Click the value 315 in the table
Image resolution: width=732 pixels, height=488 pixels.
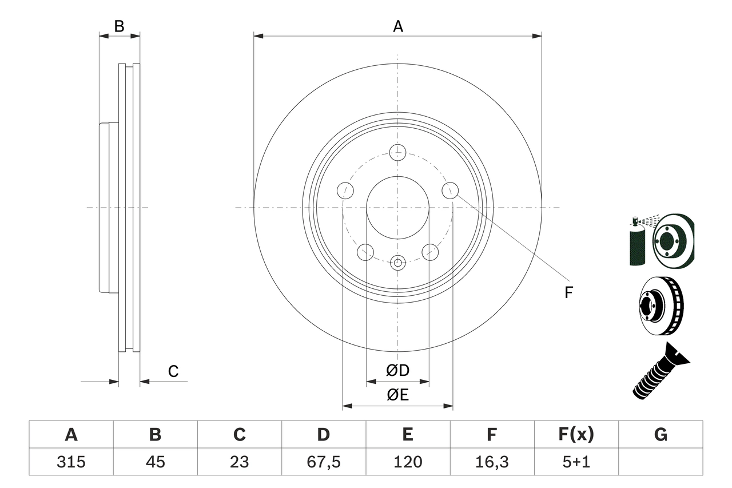tap(71, 462)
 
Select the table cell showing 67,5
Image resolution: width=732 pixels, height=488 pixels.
tap(324, 462)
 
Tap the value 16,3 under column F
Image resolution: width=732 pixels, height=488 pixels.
tap(492, 462)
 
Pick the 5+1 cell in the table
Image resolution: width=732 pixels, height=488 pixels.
tap(576, 462)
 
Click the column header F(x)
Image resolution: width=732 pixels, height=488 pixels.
tap(576, 435)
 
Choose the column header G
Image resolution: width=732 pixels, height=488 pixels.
tap(661, 435)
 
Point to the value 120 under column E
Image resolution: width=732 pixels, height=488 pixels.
tap(408, 462)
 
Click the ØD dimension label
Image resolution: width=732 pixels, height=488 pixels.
tap(397, 371)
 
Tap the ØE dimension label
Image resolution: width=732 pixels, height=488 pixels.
tap(397, 395)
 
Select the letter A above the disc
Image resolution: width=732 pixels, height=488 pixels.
tap(397, 26)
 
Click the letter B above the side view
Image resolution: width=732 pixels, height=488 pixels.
tap(119, 26)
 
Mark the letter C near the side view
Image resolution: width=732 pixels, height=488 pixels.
tap(173, 371)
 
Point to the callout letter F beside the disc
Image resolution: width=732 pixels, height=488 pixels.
tap(568, 293)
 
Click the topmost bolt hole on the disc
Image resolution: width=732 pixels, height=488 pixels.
tap(397, 153)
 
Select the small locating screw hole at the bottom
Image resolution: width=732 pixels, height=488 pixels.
tap(397, 263)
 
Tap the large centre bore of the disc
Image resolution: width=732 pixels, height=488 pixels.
tap(397, 207)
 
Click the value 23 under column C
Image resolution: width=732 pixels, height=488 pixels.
tap(239, 462)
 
